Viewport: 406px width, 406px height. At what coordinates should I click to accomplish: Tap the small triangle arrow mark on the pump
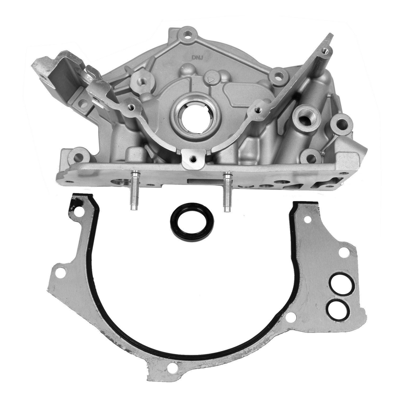[x=211, y=79]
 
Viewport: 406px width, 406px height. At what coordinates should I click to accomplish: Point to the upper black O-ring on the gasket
[x=335, y=283]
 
